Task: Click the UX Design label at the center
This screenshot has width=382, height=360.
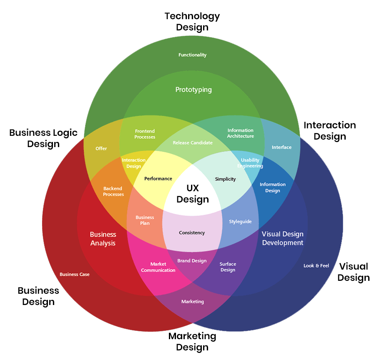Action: [192, 194]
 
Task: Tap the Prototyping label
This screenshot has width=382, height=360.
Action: [194, 90]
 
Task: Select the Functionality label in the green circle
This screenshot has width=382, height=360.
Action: [192, 55]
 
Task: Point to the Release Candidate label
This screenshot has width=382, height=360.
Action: [193, 142]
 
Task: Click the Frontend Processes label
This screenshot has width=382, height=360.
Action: [145, 134]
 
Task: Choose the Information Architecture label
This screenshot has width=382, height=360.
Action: [241, 133]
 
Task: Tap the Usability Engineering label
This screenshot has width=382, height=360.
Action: [250, 163]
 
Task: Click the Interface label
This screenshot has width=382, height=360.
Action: [281, 147]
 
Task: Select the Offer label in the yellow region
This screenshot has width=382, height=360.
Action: [101, 148]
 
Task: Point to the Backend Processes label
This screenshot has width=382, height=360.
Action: [113, 191]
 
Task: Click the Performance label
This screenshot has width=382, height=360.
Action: [158, 179]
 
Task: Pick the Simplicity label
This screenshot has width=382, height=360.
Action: [225, 179]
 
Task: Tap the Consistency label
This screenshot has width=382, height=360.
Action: [192, 232]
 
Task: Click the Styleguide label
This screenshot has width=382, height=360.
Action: [240, 222]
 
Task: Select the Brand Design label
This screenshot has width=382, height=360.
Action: [192, 261]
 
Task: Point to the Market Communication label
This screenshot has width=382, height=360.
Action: [158, 267]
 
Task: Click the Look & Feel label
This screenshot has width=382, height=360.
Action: [316, 265]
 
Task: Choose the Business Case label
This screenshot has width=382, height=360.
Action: [74, 274]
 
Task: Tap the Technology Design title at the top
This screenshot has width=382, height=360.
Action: [192, 22]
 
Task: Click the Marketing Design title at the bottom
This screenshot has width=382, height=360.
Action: [192, 341]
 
